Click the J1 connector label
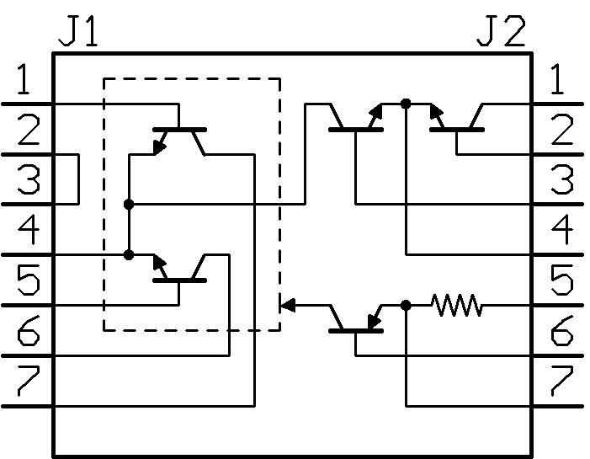point(78,31)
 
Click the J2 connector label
point(501,31)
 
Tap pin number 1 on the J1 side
point(24,79)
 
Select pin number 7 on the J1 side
point(29,381)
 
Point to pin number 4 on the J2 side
point(561,229)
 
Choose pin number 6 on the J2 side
point(561,330)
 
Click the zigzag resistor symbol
point(456,306)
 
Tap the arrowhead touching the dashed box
point(288,305)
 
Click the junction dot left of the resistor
point(406,306)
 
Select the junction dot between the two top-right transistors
point(406,104)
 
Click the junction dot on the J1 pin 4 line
point(129,255)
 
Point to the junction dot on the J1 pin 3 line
point(129,205)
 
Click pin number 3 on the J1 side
point(29,179)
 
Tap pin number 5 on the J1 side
point(29,280)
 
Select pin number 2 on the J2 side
point(561,130)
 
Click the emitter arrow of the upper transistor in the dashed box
point(160,146)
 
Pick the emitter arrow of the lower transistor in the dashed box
point(160,264)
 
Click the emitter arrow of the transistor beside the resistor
point(375,322)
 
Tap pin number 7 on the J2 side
point(561,381)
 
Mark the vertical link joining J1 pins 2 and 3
point(78,179)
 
